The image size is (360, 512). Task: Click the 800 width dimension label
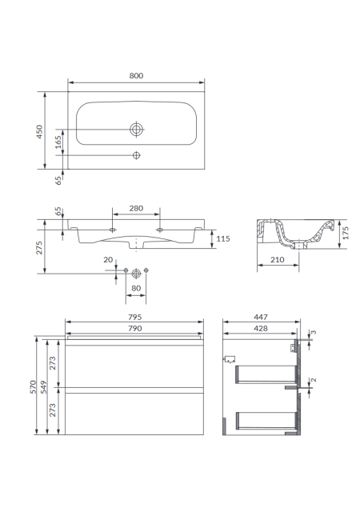(136, 76)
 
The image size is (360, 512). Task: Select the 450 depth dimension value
(39, 131)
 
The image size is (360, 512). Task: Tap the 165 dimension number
(58, 142)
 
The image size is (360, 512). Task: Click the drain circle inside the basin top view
(136, 130)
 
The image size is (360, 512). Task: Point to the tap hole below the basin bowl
(137, 155)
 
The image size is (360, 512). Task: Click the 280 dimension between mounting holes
(136, 208)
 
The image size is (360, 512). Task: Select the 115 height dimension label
(223, 238)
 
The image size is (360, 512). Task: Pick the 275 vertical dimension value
(39, 248)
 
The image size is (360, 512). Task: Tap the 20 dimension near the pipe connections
(108, 259)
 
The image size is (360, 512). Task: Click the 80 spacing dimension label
(136, 288)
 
